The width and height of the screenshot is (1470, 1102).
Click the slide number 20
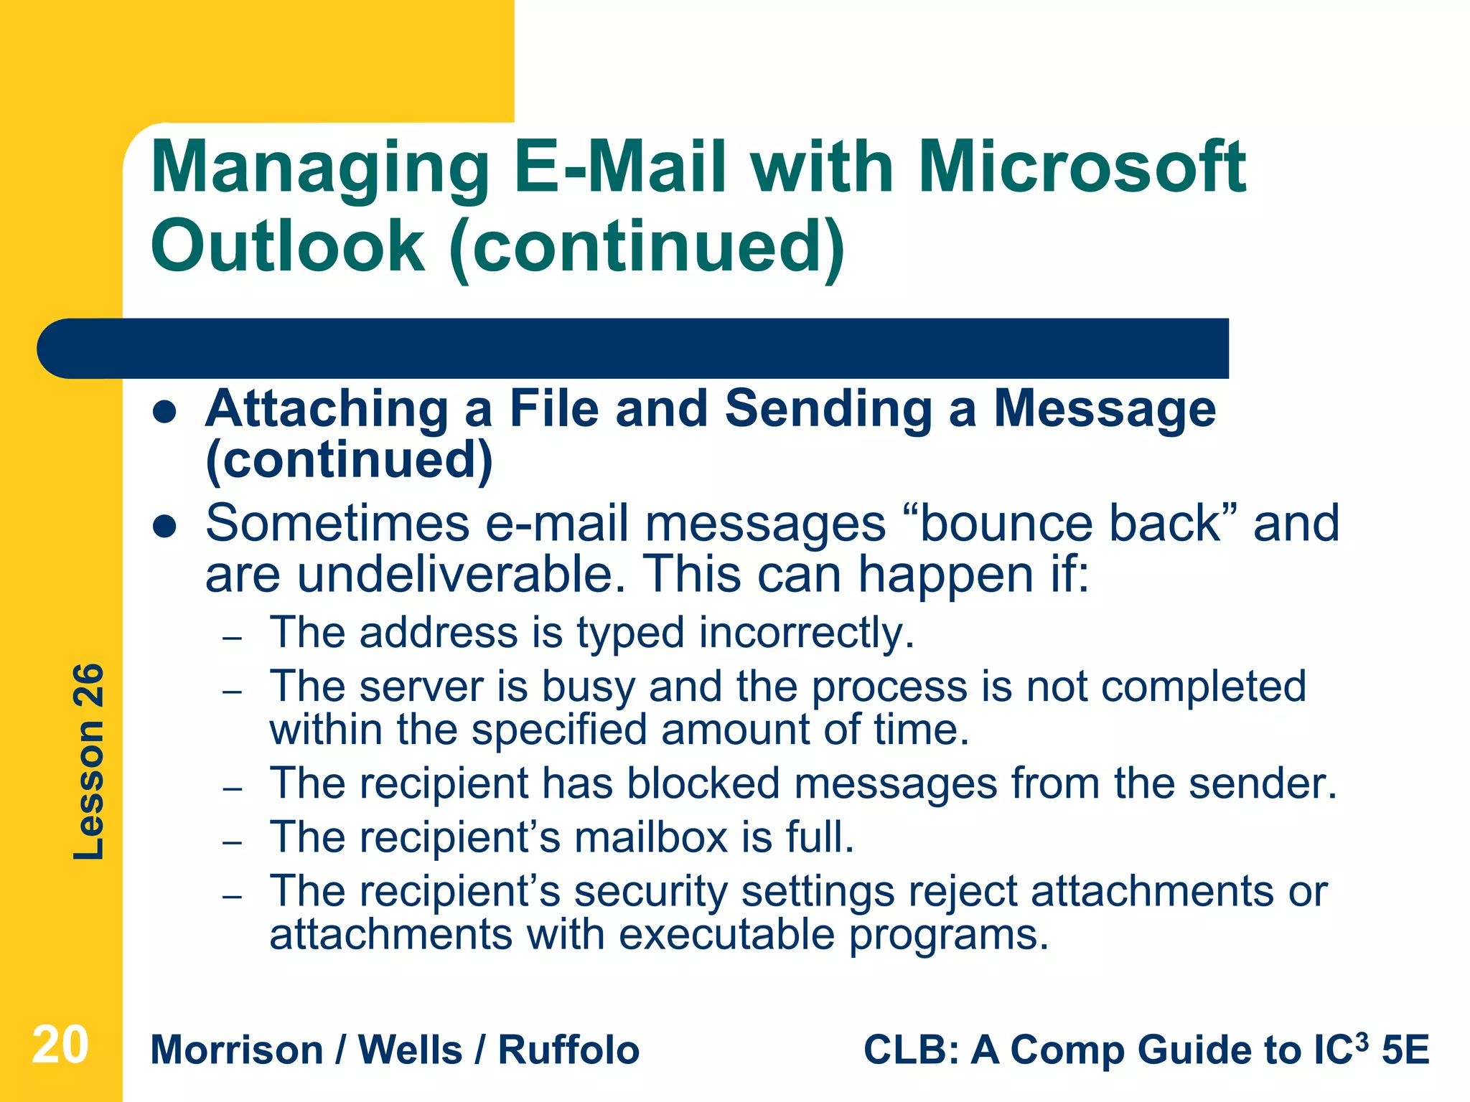(60, 1045)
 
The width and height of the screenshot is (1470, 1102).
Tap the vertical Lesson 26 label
(89, 762)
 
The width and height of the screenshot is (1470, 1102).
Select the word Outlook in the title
(287, 246)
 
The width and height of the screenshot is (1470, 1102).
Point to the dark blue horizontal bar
(632, 349)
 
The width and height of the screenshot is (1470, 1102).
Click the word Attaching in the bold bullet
(327, 409)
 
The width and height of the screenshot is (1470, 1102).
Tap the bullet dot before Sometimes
(165, 527)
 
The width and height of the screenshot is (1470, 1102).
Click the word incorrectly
(807, 634)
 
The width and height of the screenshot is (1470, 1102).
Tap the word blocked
(703, 783)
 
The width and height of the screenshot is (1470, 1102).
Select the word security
(650, 892)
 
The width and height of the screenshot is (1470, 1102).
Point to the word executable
(726, 935)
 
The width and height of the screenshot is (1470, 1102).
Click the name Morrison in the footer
(237, 1050)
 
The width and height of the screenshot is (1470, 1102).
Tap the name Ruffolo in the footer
(568, 1050)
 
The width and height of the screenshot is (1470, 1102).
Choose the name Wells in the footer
(410, 1050)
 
